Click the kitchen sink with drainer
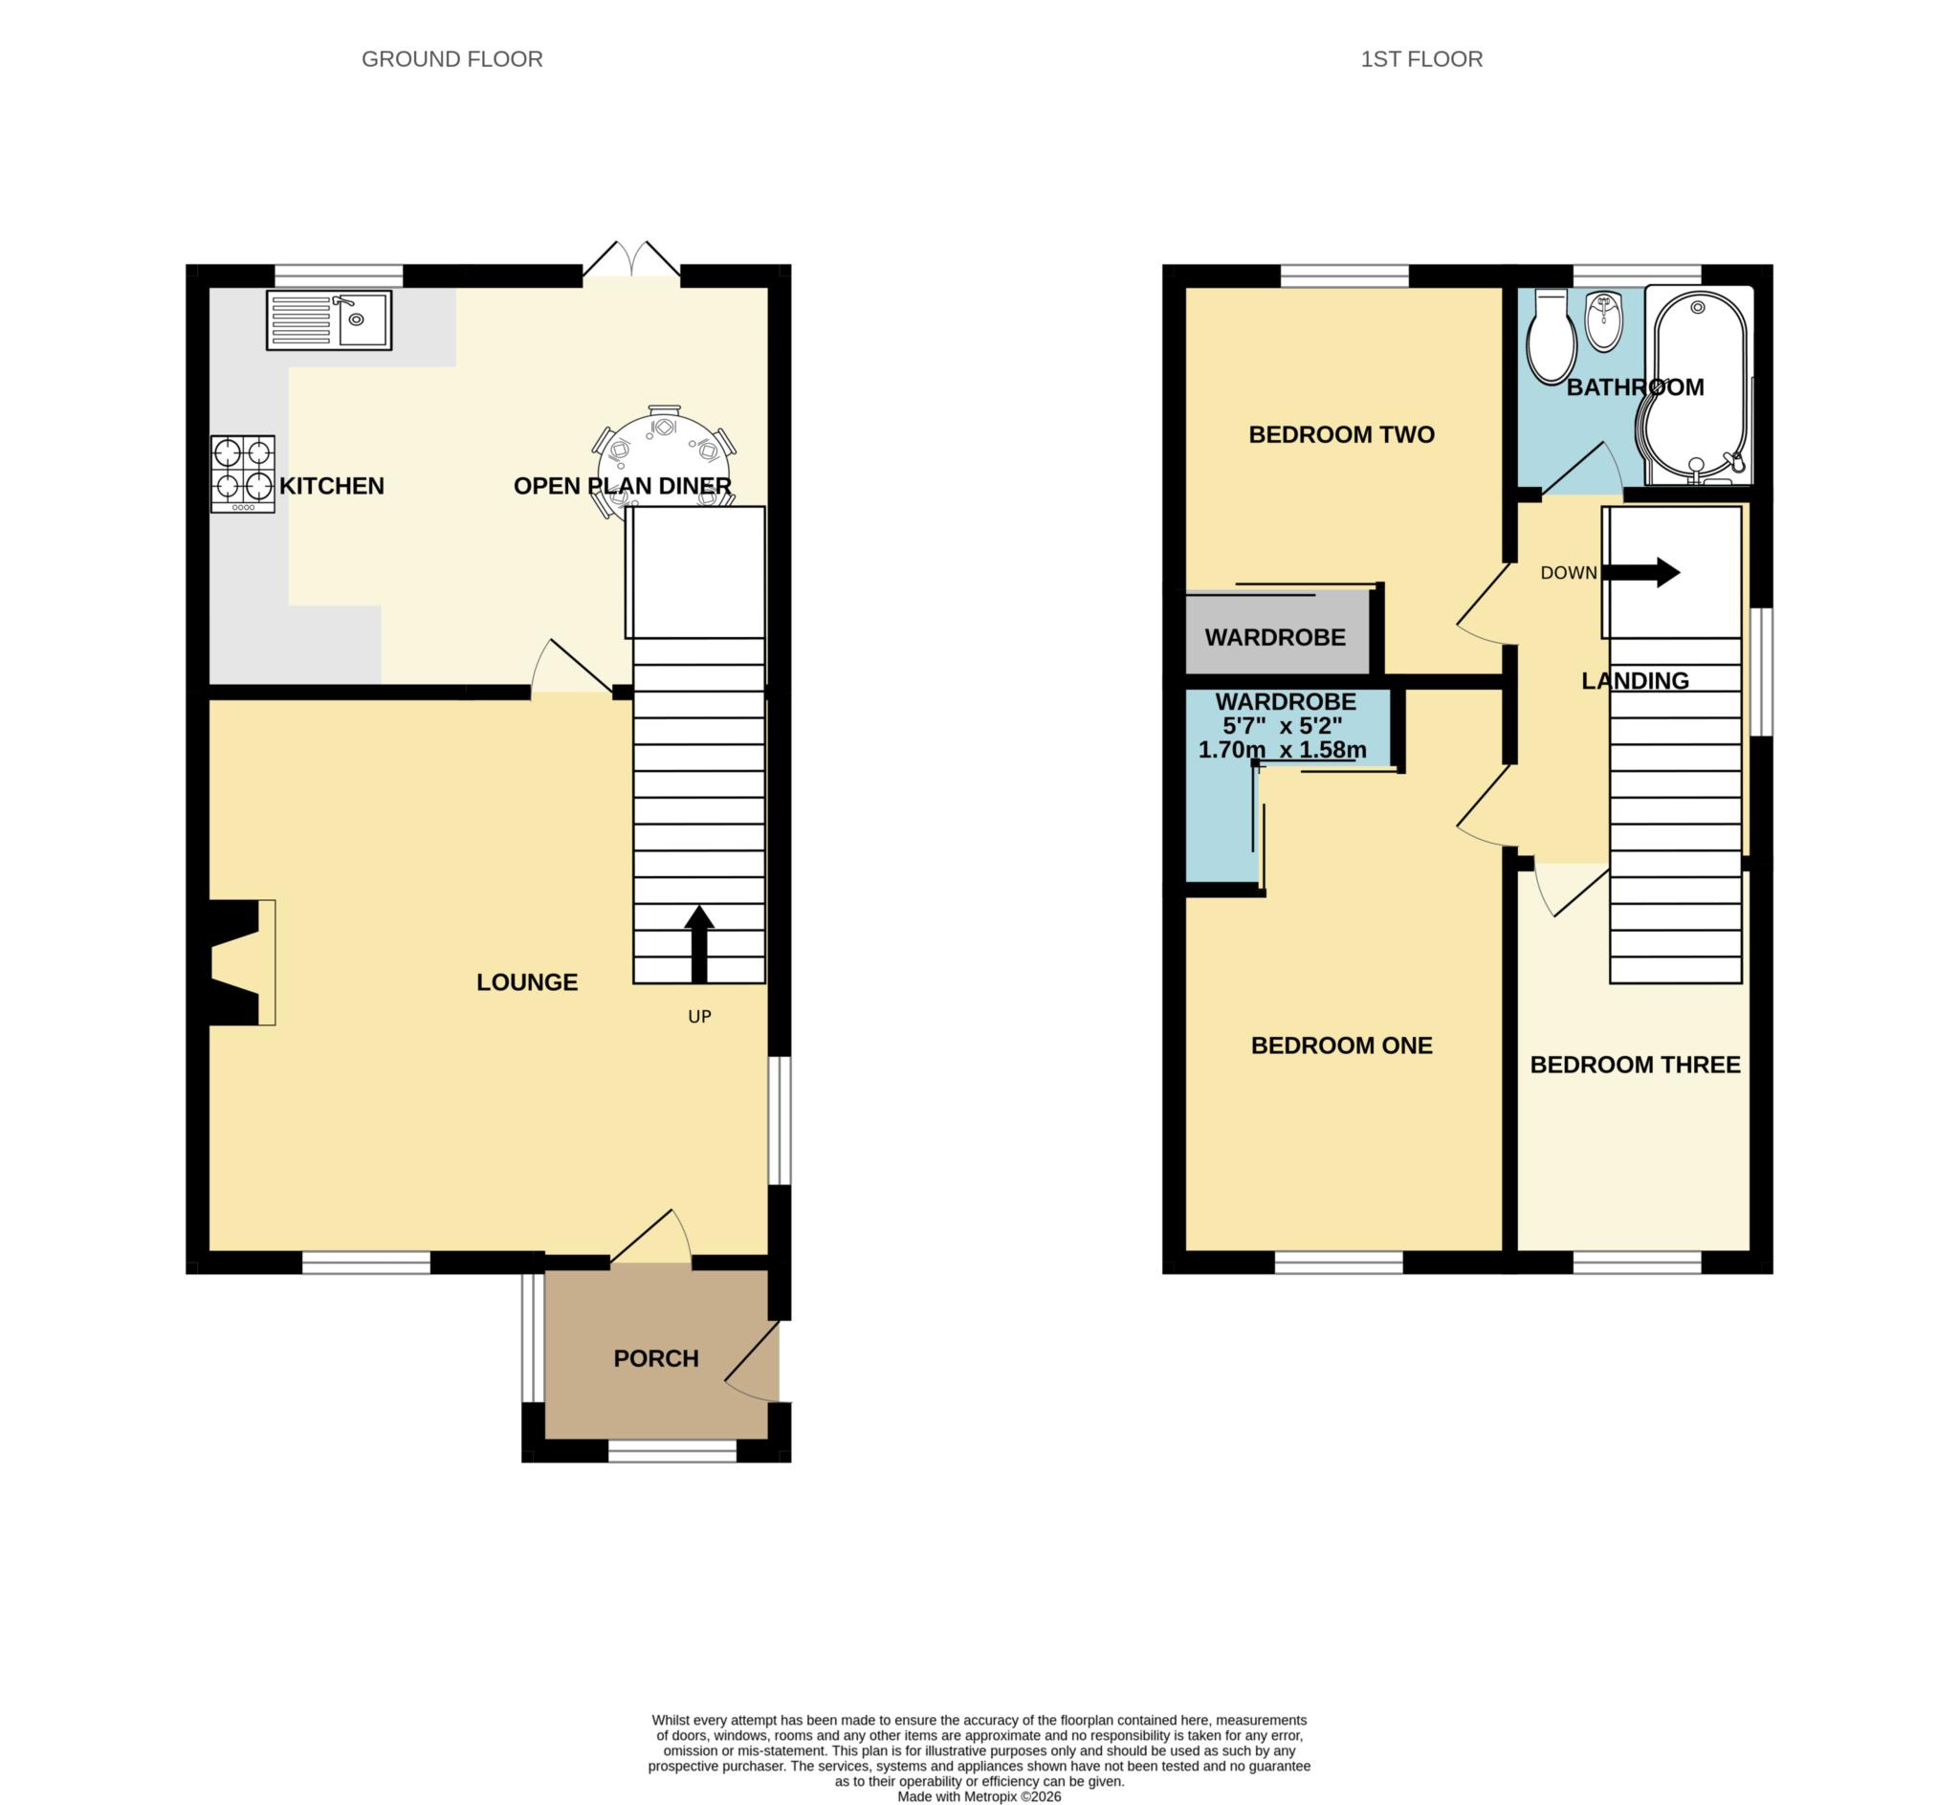point(329,319)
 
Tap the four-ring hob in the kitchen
point(243,473)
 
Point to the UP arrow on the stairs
point(699,943)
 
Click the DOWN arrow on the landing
point(1641,572)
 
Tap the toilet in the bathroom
point(1551,337)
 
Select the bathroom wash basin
point(1604,321)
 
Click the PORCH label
point(656,1358)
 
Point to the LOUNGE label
point(527,981)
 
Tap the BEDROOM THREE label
point(1636,1065)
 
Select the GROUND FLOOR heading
point(452,59)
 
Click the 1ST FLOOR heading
point(1421,59)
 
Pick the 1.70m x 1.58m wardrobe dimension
point(1282,750)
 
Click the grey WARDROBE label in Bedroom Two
point(1275,638)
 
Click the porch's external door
point(753,1361)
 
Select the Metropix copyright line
point(979,1796)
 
